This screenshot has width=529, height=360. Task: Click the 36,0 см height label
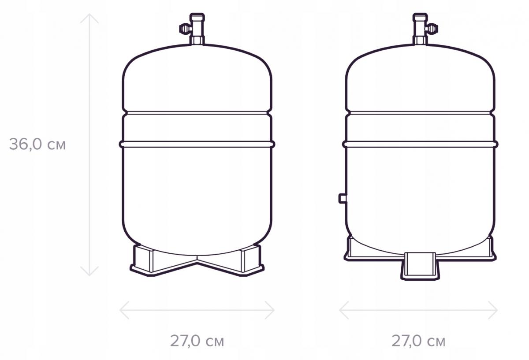[x=37, y=144]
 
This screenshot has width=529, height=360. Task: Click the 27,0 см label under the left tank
[x=197, y=341]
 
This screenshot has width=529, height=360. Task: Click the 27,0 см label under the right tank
[x=418, y=341]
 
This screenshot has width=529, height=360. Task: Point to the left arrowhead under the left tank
[x=122, y=310]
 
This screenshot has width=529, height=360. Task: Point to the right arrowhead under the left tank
[x=272, y=310]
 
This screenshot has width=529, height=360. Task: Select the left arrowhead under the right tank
[x=342, y=310]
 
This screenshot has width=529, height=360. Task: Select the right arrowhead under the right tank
[x=495, y=310]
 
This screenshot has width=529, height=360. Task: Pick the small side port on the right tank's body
[x=343, y=198]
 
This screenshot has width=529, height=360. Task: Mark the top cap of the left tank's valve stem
[x=197, y=16]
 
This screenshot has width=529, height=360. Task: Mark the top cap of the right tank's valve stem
[x=420, y=16]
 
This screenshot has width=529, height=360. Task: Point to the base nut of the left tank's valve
[x=197, y=41]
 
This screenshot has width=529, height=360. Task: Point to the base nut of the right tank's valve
[x=420, y=41]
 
